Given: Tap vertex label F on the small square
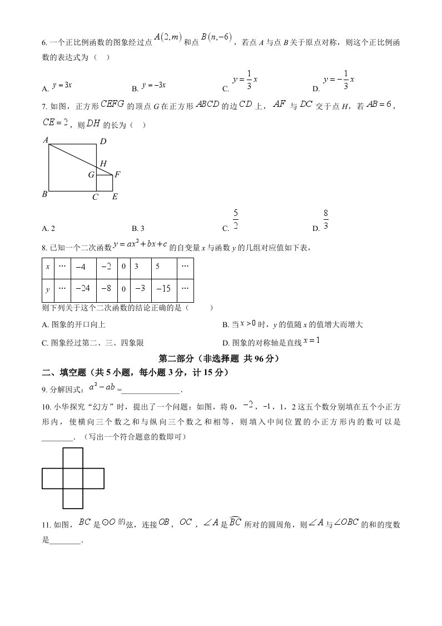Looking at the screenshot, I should tap(117, 175).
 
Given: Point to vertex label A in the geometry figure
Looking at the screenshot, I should tap(46, 140).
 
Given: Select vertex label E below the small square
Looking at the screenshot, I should tap(115, 196).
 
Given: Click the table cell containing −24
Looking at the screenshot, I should tap(82, 288).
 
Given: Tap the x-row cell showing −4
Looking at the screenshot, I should tap(82, 267).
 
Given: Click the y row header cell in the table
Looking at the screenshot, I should tap(48, 288).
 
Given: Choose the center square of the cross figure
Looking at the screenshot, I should tap(73, 478).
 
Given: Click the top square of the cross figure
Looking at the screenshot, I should tap(73, 458).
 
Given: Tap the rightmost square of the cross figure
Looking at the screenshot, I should tap(93, 478).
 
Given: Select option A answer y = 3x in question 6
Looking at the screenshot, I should tap(62, 85).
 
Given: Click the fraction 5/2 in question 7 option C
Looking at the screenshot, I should tap(236, 219).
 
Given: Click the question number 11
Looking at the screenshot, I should tap(46, 524).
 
